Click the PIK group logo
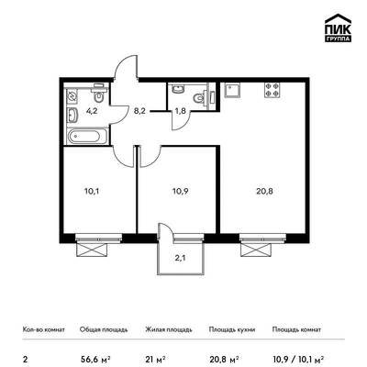(338, 28)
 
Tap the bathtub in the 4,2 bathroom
(87, 137)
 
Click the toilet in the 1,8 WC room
(200, 98)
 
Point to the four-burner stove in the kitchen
(272, 90)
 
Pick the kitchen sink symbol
(231, 90)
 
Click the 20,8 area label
(264, 192)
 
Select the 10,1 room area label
(92, 192)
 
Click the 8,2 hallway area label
(139, 111)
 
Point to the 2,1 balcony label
(180, 258)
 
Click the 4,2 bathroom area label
(92, 111)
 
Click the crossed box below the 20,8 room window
(256, 250)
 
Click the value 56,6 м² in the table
(95, 359)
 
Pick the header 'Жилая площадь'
(169, 329)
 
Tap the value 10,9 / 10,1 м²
(298, 359)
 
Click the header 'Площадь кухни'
(232, 329)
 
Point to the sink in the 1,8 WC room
(178, 89)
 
